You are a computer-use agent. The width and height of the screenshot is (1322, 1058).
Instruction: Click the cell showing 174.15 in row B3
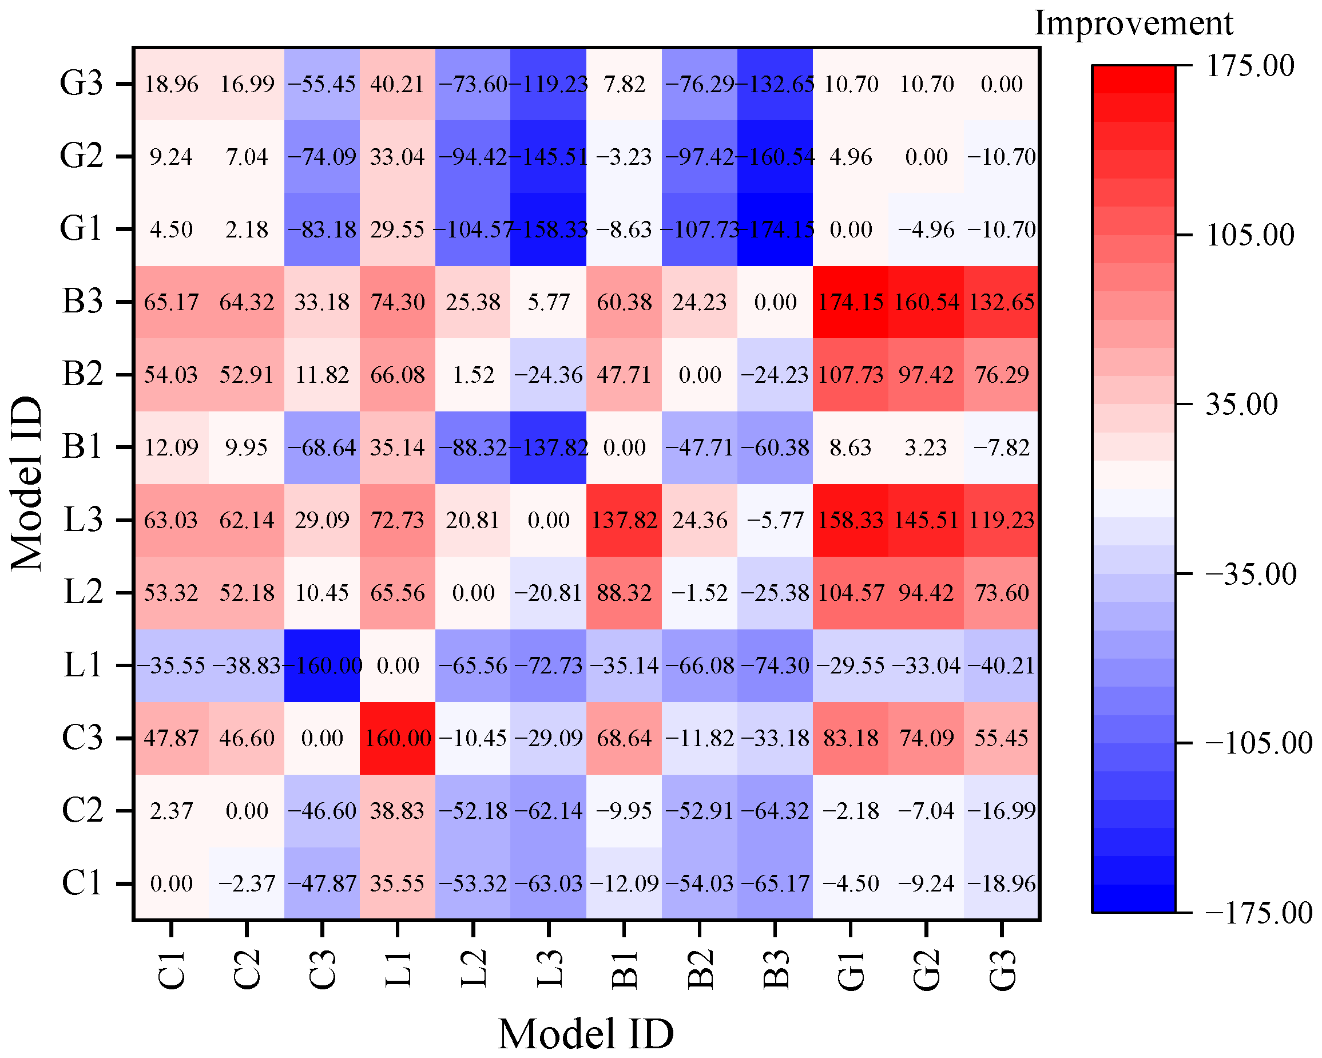click(851, 302)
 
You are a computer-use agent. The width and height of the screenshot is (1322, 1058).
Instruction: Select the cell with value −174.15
click(775, 229)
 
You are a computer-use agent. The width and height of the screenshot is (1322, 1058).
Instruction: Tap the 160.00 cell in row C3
click(398, 738)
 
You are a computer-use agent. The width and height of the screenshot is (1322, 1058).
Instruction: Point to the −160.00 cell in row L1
click(322, 665)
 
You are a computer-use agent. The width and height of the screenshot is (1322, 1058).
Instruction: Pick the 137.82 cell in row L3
click(624, 520)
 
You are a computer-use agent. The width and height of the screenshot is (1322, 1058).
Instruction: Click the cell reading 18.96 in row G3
click(171, 84)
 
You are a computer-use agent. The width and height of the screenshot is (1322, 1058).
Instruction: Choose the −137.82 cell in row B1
click(548, 447)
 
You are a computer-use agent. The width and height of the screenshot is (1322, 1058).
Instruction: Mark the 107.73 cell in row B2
click(851, 375)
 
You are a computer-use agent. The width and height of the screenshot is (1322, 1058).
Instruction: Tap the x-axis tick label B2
click(700, 970)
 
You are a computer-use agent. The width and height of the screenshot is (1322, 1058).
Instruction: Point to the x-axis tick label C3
click(322, 970)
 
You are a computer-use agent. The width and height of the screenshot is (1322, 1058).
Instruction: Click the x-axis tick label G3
click(1002, 970)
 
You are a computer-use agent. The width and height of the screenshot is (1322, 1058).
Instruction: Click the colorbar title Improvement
click(1133, 23)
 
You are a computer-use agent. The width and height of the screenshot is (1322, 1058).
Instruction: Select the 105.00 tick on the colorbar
click(1250, 235)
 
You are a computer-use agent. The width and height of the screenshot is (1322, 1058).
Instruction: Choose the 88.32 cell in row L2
click(624, 592)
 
